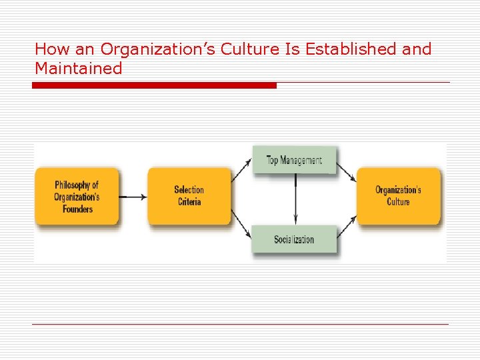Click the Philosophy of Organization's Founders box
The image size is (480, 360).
click(x=77, y=197)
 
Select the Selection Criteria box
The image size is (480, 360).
click(x=189, y=196)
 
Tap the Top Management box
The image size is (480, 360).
click(x=294, y=160)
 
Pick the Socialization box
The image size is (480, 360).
click(x=294, y=239)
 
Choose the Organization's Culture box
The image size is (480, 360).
click(x=399, y=196)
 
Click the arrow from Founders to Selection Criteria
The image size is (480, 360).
click(x=133, y=197)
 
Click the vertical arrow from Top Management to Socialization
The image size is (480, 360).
click(x=295, y=200)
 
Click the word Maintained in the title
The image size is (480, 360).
click(x=79, y=68)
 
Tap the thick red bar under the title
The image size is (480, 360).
click(x=154, y=85)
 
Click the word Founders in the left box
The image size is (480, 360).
click(x=77, y=209)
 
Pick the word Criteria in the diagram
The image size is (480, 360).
click(x=189, y=202)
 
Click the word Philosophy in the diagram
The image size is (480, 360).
click(x=77, y=185)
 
